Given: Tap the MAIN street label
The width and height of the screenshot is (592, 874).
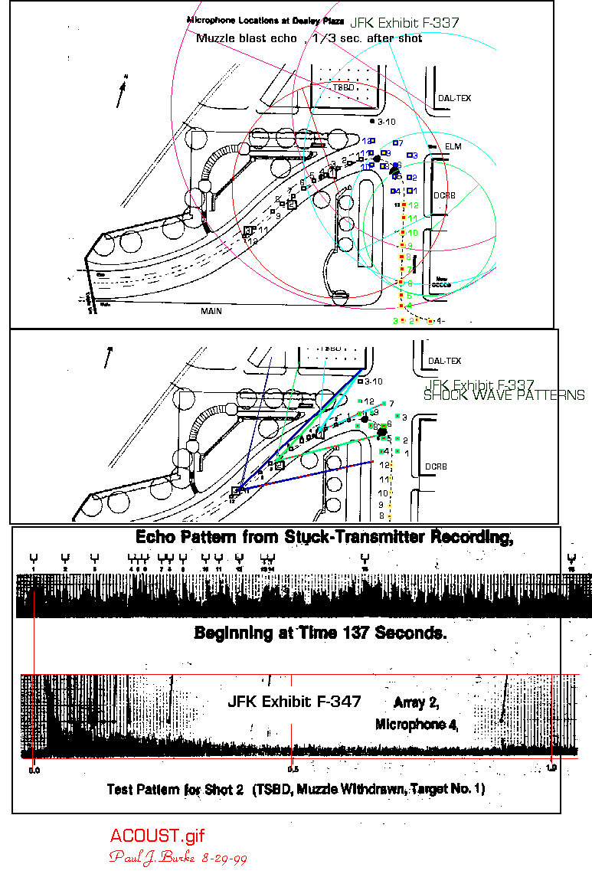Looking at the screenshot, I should [x=211, y=312].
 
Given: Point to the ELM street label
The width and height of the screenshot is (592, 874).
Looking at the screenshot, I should [x=453, y=146].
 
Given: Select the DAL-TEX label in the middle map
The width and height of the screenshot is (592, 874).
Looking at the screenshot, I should [x=445, y=361].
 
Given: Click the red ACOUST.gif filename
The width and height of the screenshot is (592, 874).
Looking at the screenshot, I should [x=157, y=836].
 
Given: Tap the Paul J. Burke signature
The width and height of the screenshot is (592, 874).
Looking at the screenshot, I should [x=178, y=856].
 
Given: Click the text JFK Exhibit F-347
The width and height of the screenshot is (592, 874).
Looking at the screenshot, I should [x=294, y=702].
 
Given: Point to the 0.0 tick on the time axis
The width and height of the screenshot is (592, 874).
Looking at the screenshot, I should [x=34, y=770].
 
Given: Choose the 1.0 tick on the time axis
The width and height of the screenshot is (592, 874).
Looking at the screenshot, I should [x=551, y=768].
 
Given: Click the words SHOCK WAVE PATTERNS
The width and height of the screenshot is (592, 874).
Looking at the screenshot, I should [x=504, y=396].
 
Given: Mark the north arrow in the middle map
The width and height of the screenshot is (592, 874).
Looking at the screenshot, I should [x=107, y=356].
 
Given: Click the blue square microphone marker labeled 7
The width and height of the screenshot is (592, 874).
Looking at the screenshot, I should [x=395, y=142].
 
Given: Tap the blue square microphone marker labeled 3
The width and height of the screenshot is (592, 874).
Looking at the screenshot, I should [x=407, y=155].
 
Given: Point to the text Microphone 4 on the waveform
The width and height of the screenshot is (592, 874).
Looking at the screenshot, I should [x=417, y=724].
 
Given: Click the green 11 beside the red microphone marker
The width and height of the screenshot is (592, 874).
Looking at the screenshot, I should [x=412, y=219].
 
